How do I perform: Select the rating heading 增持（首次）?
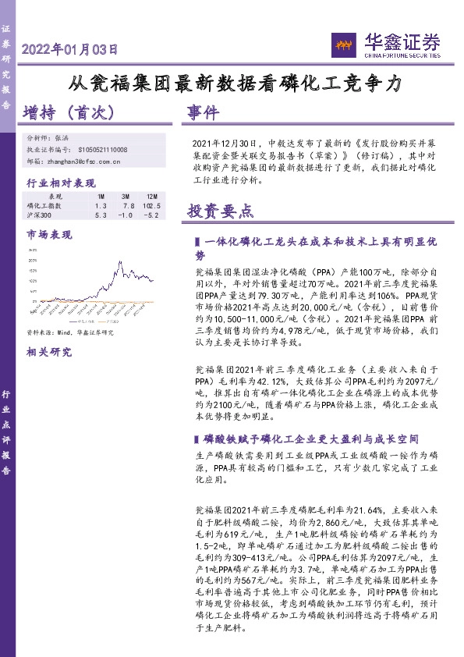(71, 112)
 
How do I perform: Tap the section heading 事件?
(204, 113)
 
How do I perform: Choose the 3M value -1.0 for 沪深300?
(126, 215)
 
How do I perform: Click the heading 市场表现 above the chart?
(49, 233)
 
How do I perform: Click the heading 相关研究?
(49, 351)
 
